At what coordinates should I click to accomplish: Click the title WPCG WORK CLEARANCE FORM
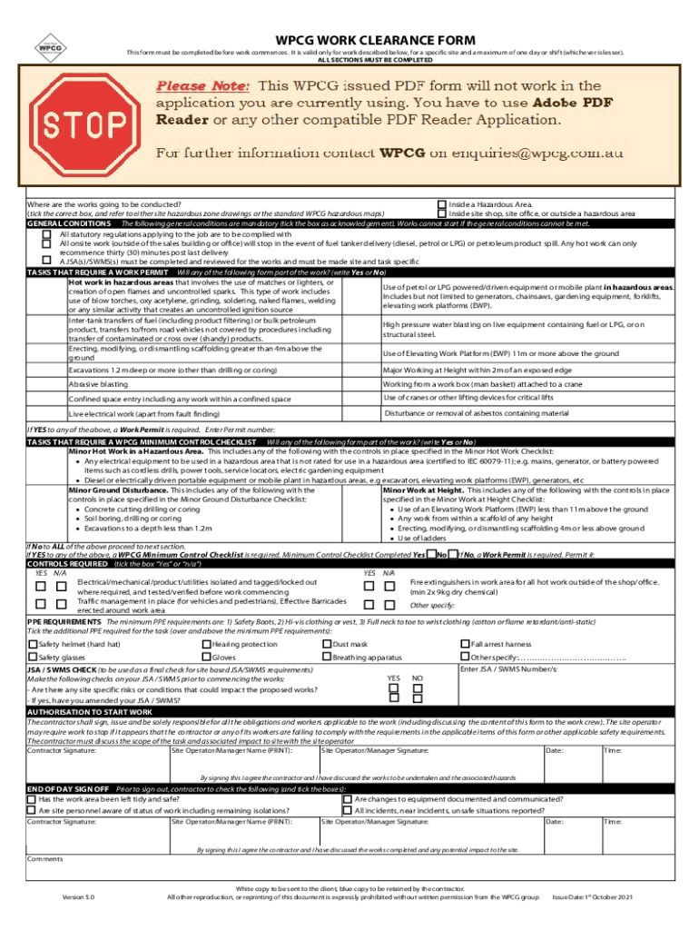(375, 40)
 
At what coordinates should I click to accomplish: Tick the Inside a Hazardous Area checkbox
(443, 205)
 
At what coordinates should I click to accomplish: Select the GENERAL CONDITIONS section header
(70, 223)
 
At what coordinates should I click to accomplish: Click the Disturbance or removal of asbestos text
(477, 413)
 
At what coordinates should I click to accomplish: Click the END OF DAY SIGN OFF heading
(68, 789)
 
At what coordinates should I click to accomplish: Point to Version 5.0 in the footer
(77, 897)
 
